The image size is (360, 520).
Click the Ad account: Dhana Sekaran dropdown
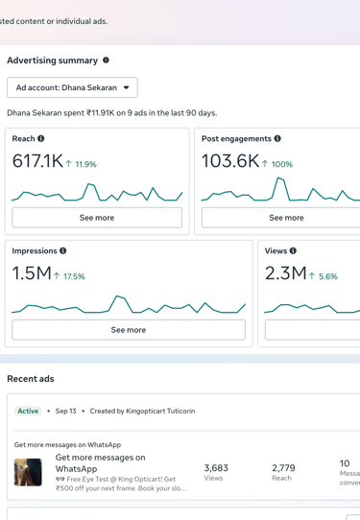(72, 87)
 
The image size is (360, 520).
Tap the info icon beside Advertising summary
(106, 60)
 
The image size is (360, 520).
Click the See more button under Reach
(97, 218)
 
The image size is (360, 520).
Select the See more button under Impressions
(128, 329)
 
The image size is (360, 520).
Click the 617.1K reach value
(37, 162)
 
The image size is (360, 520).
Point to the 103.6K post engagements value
(230, 162)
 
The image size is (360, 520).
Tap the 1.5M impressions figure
(32, 274)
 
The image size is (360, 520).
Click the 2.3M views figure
(285, 274)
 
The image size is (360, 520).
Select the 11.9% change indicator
(82, 164)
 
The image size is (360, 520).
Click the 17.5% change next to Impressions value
(70, 276)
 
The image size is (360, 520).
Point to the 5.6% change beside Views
(324, 276)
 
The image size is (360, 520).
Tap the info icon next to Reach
(41, 139)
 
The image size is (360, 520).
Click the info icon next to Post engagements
(277, 139)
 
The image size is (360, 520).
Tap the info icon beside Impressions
(63, 251)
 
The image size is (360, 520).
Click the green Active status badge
(28, 411)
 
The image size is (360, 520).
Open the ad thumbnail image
(28, 472)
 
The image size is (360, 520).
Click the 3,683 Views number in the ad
(216, 468)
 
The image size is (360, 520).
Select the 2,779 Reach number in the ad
(283, 468)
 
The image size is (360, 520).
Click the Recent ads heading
(31, 379)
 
